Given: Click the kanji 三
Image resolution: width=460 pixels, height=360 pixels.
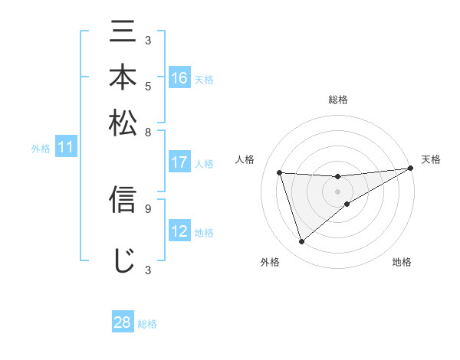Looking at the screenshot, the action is click(x=123, y=34).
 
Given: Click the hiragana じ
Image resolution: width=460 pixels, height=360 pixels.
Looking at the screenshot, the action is click(x=123, y=260).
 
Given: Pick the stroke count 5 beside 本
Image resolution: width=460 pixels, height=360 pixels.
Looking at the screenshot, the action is click(x=148, y=85).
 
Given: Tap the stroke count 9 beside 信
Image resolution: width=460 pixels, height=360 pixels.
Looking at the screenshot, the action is click(x=148, y=207).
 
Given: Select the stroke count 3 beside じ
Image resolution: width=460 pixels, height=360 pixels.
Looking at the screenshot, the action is click(x=148, y=270).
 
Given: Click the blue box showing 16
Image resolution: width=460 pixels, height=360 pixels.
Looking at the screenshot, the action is click(x=179, y=78).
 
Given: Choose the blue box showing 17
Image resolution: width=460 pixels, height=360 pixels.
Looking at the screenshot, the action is click(x=179, y=162).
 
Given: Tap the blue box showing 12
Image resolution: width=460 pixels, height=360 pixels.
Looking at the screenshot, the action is click(x=179, y=232).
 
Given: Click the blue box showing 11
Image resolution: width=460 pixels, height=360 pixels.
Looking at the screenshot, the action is click(x=65, y=148).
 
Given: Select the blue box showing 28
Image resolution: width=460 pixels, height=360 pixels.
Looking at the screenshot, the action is click(x=122, y=322).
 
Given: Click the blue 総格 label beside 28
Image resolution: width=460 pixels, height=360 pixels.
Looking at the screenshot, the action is click(x=147, y=324).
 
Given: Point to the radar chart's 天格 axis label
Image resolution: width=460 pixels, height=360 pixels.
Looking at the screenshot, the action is click(x=431, y=159).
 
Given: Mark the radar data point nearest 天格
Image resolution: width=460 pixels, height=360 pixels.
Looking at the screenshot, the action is click(x=410, y=169).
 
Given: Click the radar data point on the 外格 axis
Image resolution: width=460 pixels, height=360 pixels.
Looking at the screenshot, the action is click(x=301, y=242).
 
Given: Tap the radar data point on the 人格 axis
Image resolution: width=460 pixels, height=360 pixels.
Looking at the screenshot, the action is click(x=280, y=172).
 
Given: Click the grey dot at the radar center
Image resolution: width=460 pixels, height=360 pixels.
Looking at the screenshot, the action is click(x=337, y=191).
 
